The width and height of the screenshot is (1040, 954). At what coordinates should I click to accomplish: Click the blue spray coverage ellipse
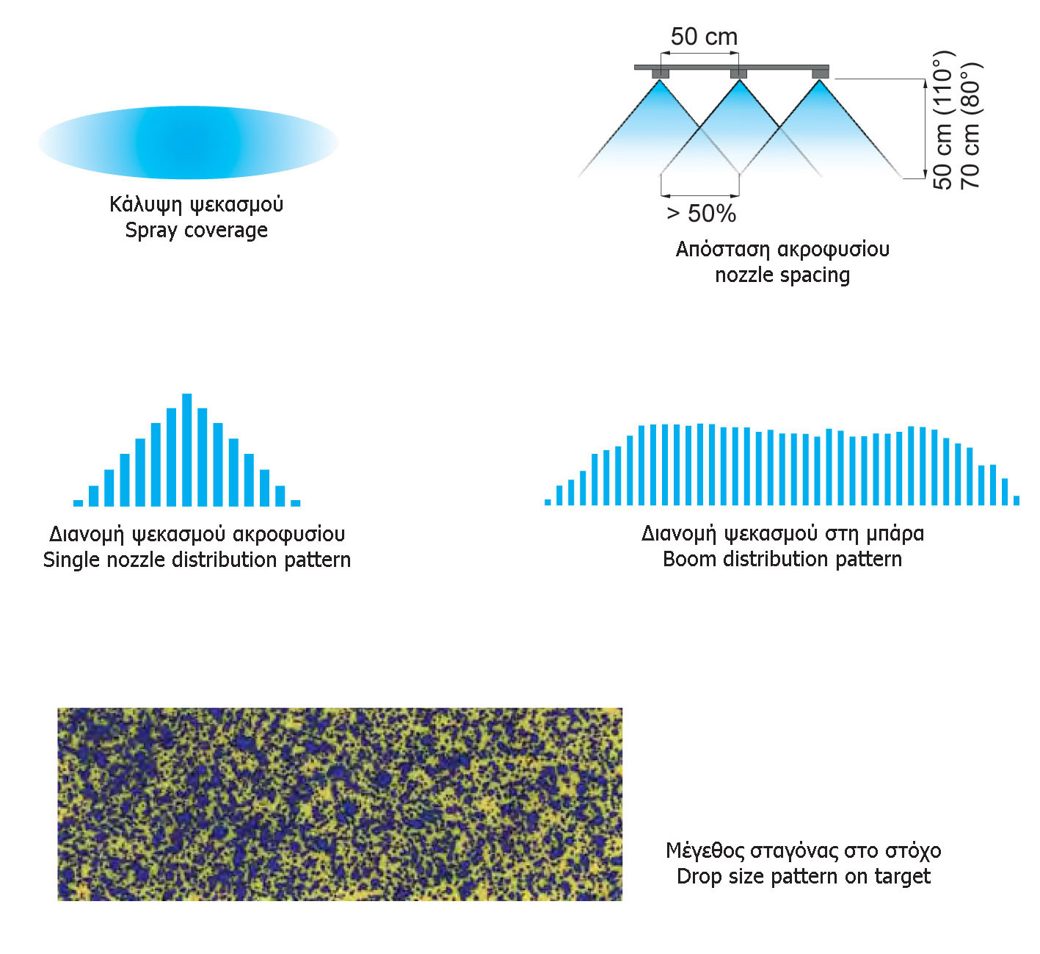188,142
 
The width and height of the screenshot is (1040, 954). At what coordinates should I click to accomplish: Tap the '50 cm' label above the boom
704,37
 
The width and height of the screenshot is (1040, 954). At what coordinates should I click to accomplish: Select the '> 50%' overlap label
701,214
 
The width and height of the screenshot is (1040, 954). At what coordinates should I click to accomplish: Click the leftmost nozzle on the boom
660,73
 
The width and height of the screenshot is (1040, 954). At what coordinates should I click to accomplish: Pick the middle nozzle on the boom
738,73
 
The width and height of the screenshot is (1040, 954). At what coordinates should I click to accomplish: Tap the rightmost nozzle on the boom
820,73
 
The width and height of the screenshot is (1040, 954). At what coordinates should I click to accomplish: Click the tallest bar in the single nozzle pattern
186,449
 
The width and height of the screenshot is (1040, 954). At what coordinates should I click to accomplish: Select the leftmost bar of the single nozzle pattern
78,502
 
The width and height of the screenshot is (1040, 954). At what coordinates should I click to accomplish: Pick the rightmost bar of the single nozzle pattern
296,502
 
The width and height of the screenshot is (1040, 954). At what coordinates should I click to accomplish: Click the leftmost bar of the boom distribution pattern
548,502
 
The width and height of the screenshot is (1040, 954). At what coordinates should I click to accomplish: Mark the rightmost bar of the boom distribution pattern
1017,501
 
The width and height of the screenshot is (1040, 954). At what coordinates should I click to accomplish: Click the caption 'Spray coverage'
197,230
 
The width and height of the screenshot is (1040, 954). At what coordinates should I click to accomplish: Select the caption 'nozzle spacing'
782,275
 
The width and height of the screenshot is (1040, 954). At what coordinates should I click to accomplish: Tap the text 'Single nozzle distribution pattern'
197,560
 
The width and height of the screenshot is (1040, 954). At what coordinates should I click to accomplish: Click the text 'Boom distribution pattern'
782,559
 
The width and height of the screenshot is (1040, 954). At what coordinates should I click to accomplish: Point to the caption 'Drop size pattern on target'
804,876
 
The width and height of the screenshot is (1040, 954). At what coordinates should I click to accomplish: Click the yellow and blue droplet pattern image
340,804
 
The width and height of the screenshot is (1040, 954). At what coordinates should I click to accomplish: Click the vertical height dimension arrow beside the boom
926,129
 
